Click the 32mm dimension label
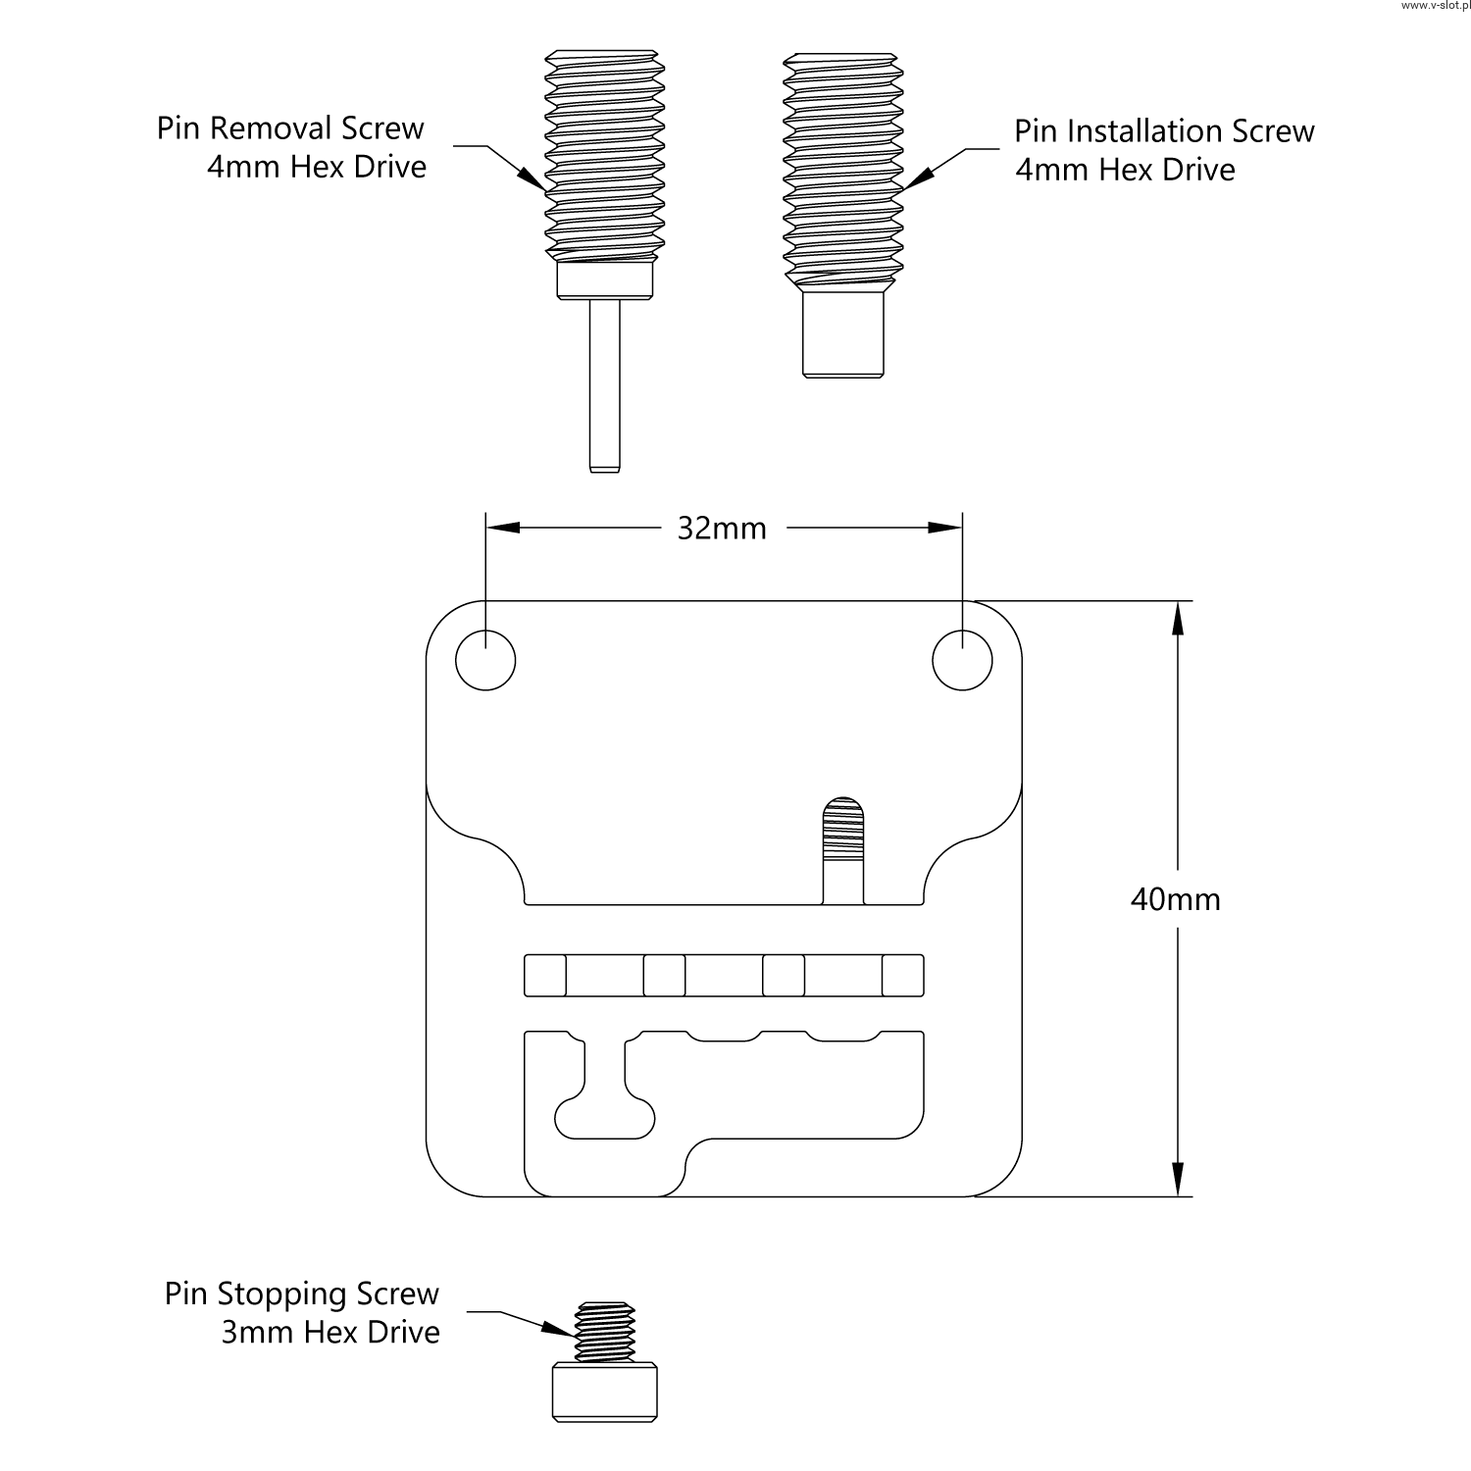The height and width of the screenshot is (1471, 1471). point(722,529)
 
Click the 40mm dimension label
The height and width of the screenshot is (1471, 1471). point(1175,899)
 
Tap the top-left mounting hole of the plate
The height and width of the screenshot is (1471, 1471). point(485,660)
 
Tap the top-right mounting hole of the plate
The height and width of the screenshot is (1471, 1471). point(962,660)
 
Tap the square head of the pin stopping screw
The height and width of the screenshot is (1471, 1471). point(604,1393)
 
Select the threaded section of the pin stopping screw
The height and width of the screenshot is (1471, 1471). point(604,1332)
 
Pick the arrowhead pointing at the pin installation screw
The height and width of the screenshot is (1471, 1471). point(918,176)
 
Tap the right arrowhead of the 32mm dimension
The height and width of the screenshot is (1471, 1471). point(945,528)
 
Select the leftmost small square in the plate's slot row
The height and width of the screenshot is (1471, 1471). point(545,976)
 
